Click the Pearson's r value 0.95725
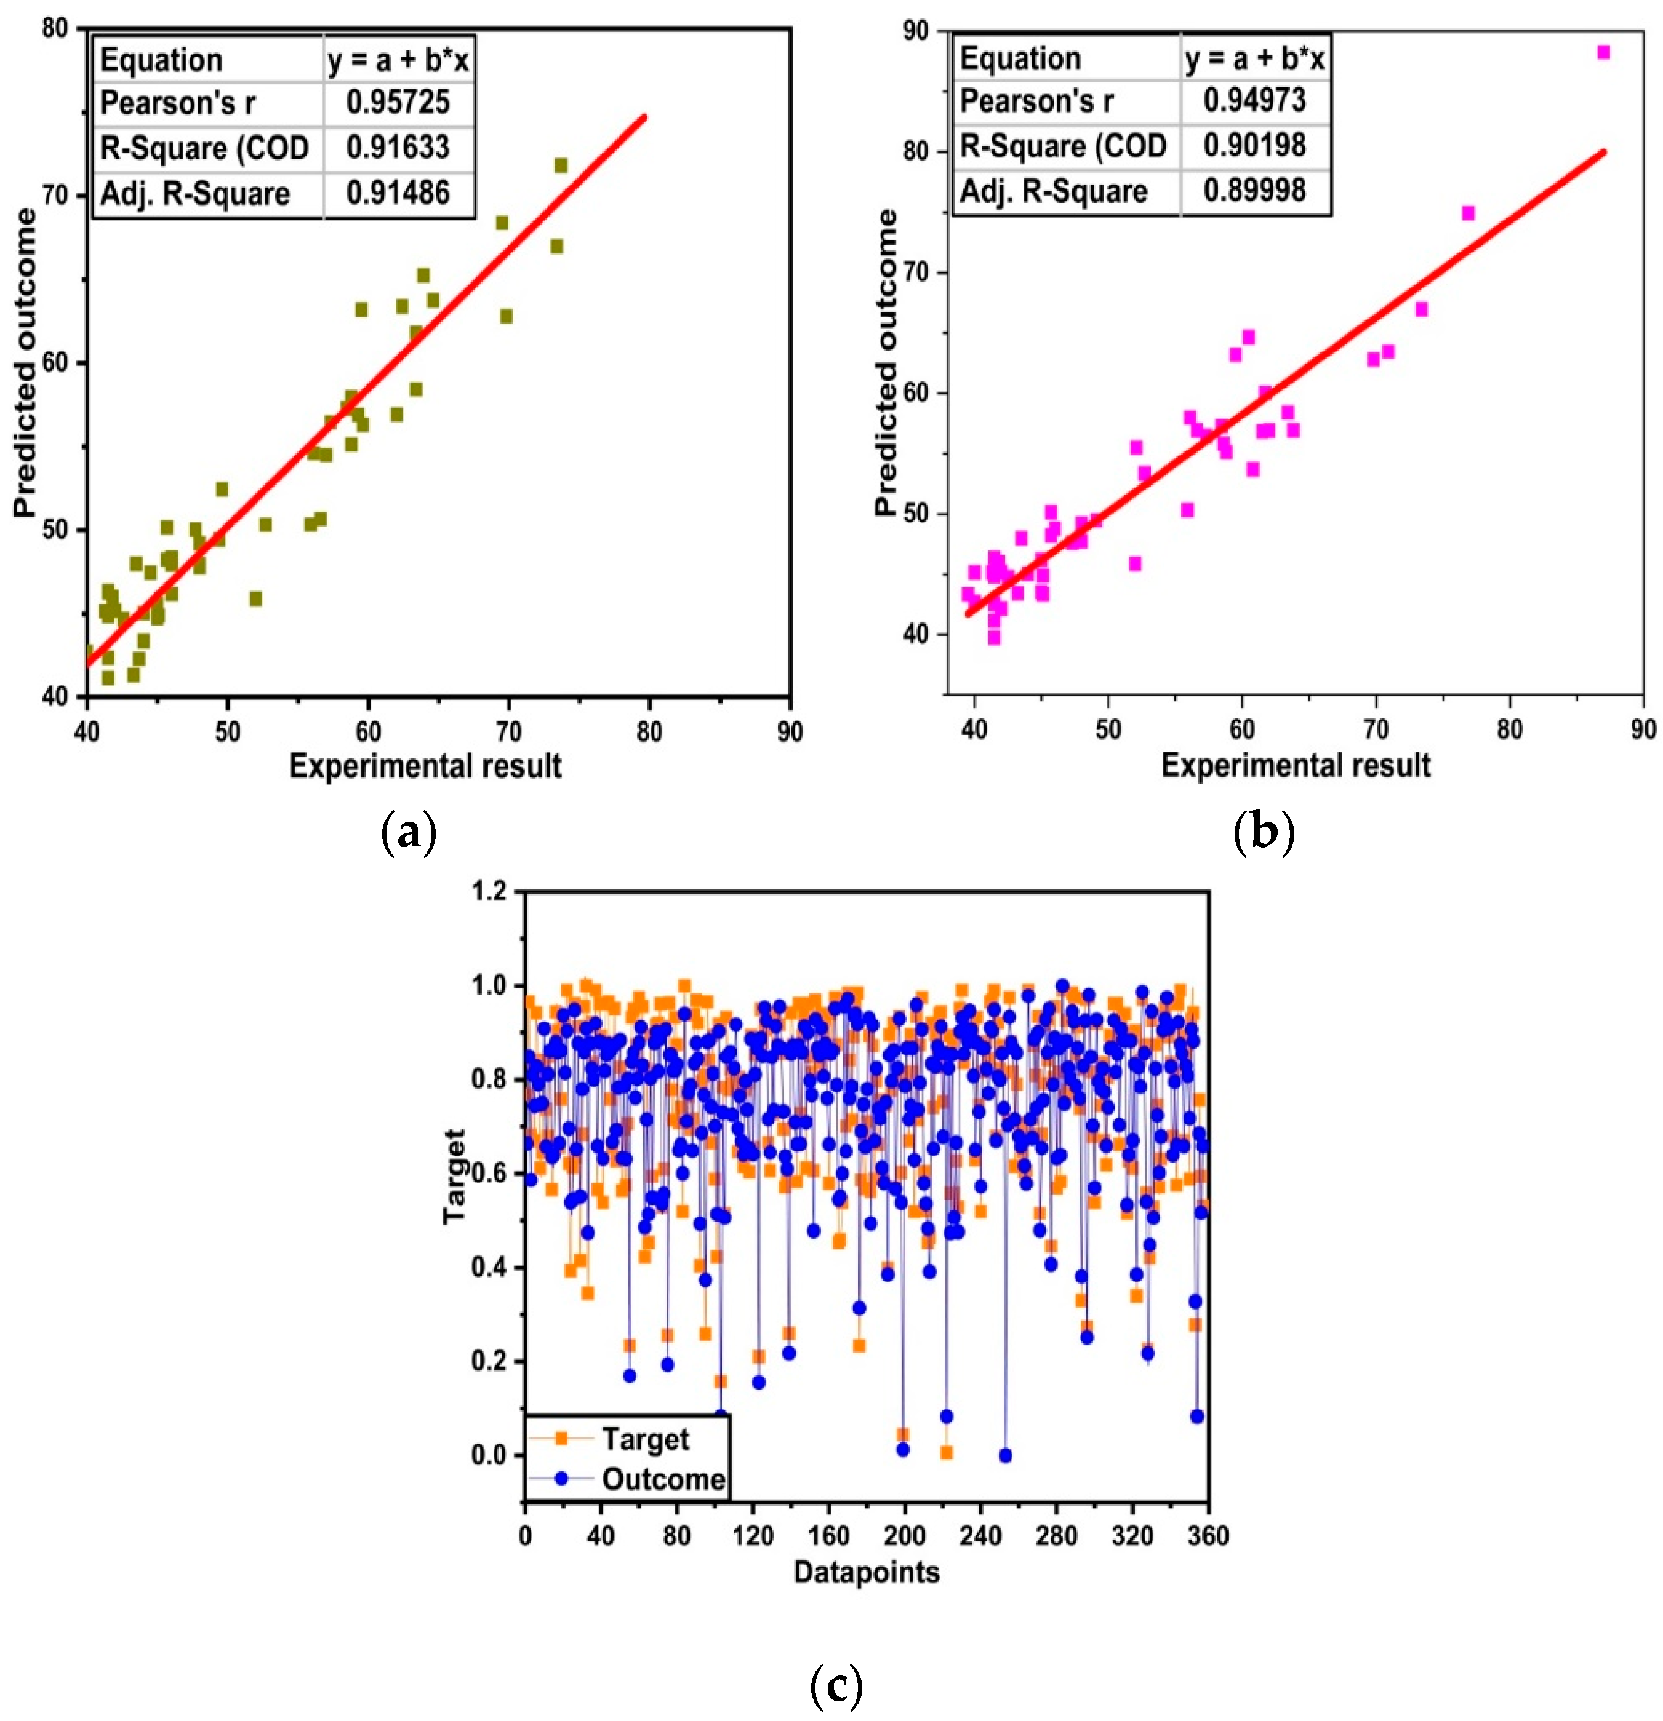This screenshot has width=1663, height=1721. pos(398,103)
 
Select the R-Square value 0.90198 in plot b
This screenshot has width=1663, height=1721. pos(1254,145)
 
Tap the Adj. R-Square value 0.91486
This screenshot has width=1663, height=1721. pos(398,193)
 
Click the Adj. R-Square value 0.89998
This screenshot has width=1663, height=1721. pos(1254,191)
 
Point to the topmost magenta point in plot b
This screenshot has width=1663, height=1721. pos(1603,53)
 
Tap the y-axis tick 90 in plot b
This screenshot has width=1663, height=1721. pos(915,31)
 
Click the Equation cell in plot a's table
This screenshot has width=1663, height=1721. pos(162,60)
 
